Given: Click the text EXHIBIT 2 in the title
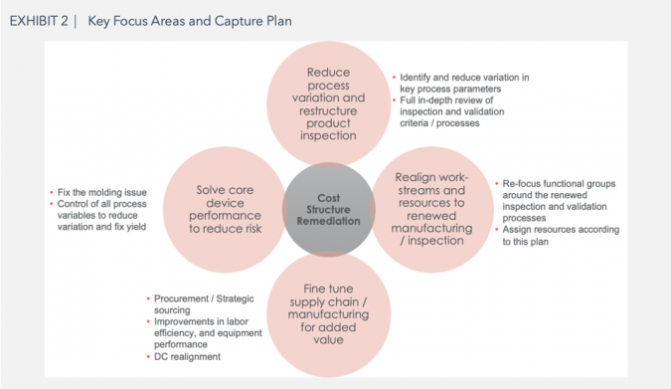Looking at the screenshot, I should tap(39, 21).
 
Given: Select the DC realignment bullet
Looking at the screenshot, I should tap(187, 356).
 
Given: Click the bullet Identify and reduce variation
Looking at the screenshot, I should tap(462, 83).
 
